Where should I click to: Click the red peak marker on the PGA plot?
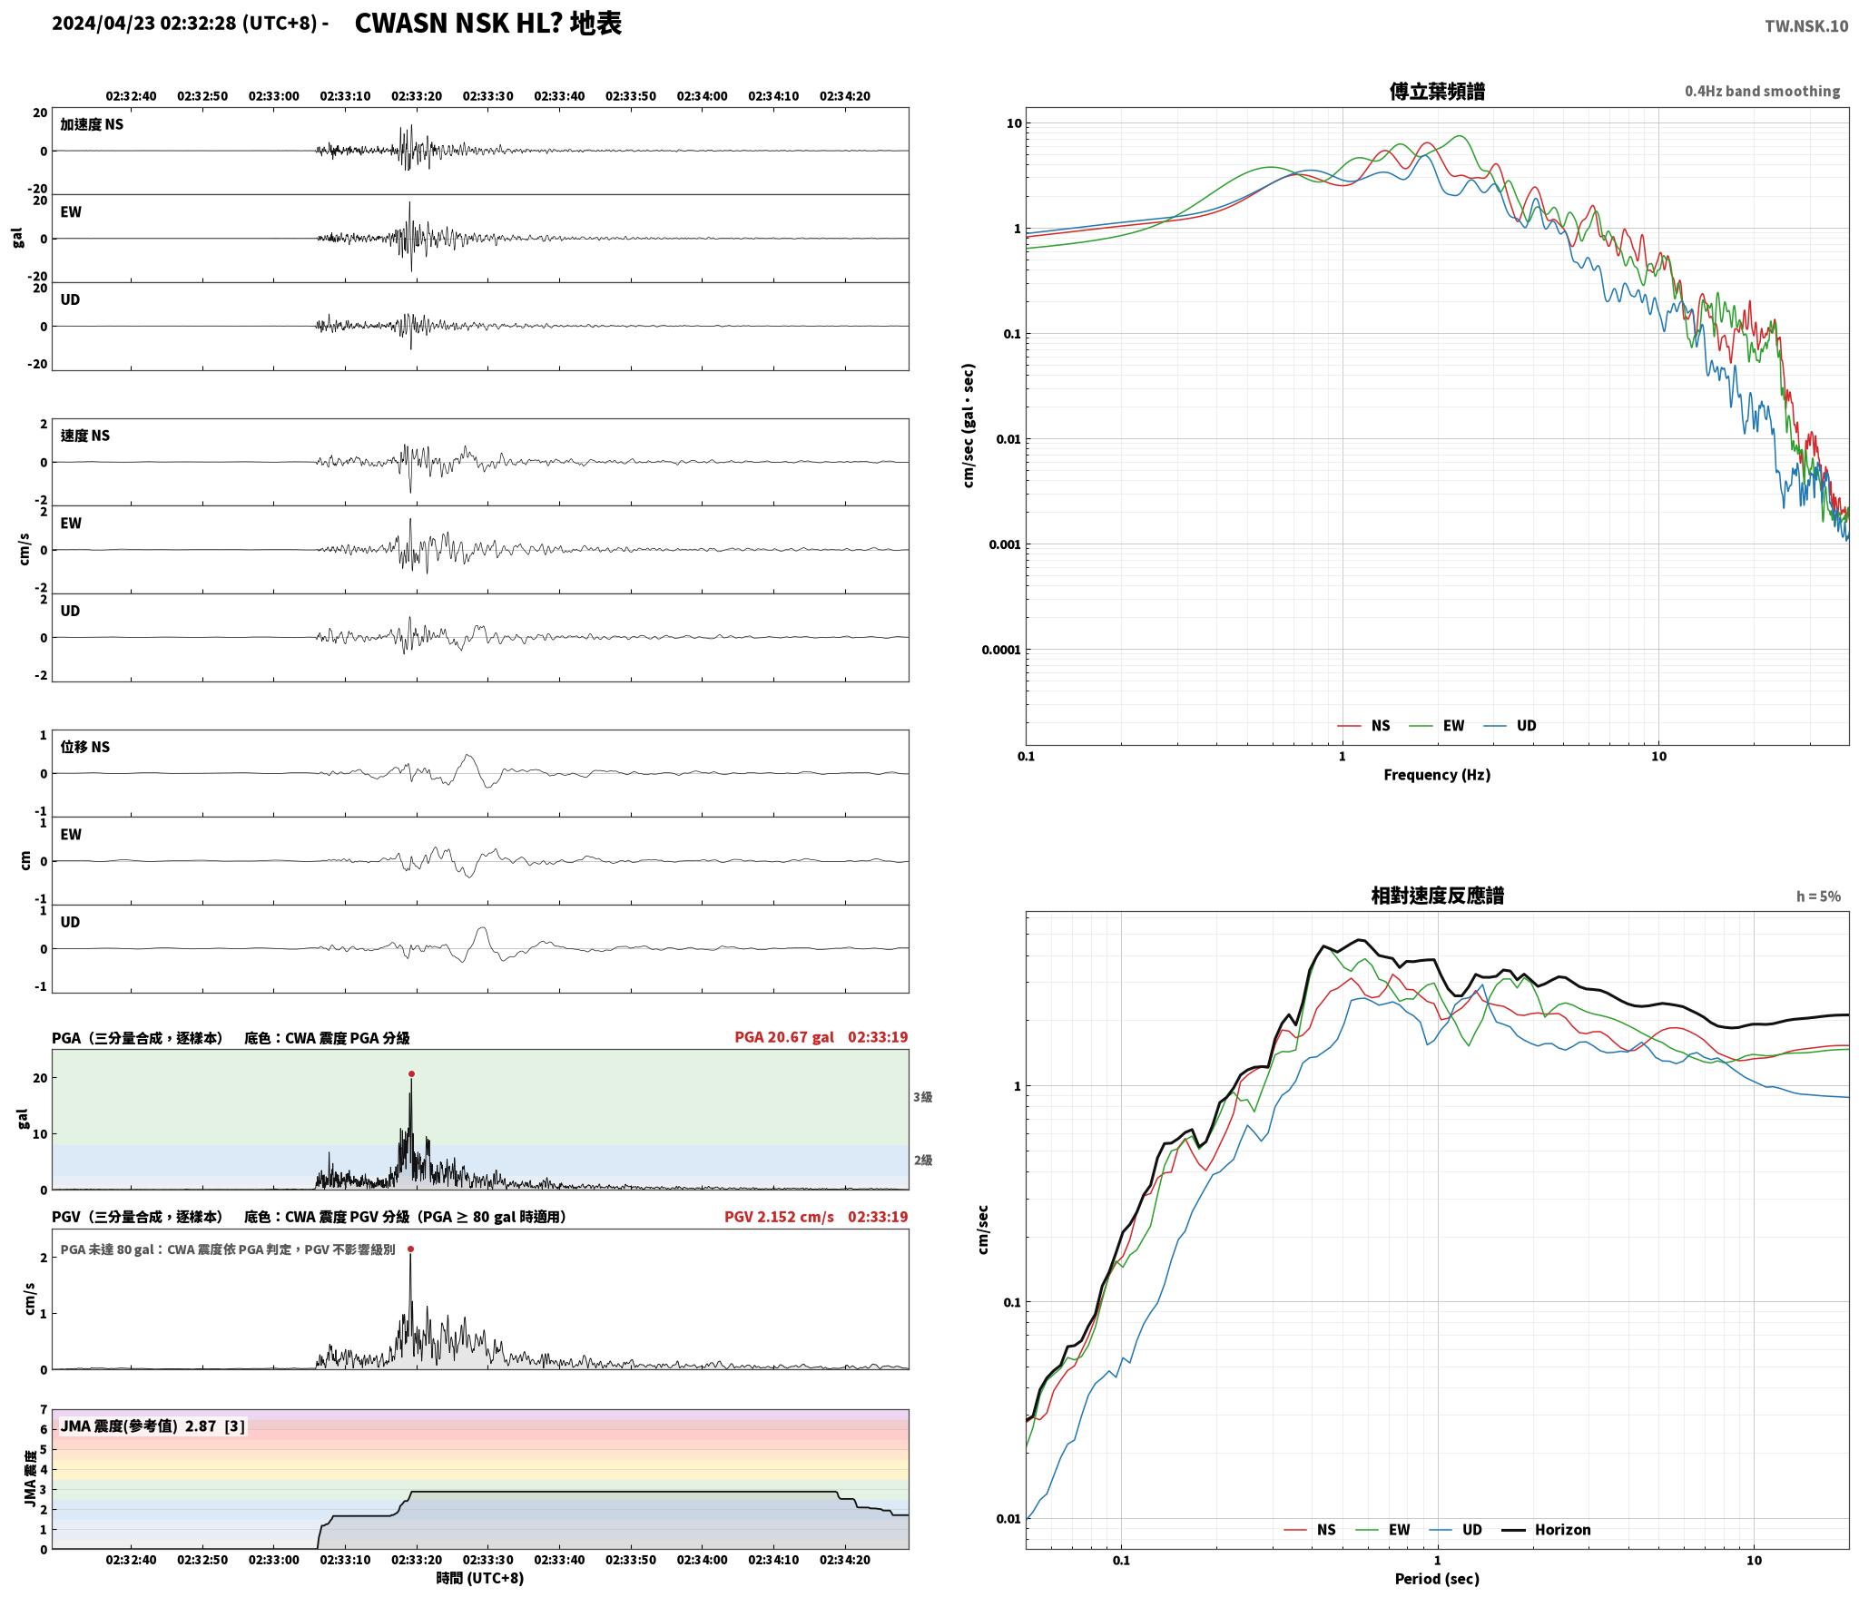click(411, 1073)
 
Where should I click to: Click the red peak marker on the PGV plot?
click(410, 1249)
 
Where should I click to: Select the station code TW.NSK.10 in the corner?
click(1806, 25)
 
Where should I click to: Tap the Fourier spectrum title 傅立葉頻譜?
click(1437, 91)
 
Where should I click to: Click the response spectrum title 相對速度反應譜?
click(1437, 896)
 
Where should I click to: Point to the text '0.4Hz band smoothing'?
click(1762, 91)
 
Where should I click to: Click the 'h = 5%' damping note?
click(1818, 896)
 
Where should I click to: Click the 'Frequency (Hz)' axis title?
click(1437, 774)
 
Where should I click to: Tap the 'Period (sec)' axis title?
click(1437, 1578)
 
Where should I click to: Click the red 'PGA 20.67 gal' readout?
click(784, 1036)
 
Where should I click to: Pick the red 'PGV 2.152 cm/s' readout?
click(779, 1216)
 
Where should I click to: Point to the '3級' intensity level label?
click(922, 1096)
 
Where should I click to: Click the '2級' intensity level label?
click(922, 1160)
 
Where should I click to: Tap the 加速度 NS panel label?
click(92, 124)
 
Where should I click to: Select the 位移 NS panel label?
click(85, 747)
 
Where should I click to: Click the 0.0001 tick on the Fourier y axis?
click(1001, 650)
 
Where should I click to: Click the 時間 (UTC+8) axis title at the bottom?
click(480, 1578)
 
